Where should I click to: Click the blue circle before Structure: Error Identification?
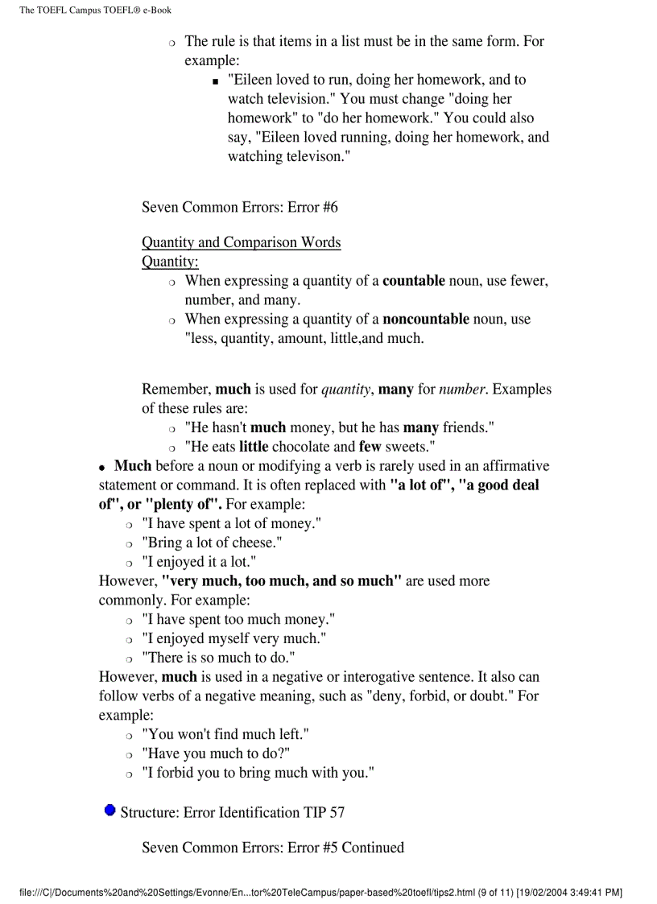click(x=109, y=810)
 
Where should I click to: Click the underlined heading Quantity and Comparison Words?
click(x=241, y=242)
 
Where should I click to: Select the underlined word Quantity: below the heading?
click(x=170, y=262)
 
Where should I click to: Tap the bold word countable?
click(x=413, y=281)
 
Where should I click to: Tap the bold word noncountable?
click(x=425, y=320)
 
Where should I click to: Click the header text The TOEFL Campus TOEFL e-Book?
click(x=95, y=10)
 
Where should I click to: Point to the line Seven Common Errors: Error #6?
click(x=239, y=207)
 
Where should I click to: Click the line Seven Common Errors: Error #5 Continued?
click(x=272, y=847)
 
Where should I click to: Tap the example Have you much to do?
click(x=216, y=753)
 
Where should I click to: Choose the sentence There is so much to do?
click(x=218, y=658)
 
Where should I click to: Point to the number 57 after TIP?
click(x=337, y=812)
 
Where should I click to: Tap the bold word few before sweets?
click(x=370, y=447)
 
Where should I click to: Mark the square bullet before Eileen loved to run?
click(x=215, y=81)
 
